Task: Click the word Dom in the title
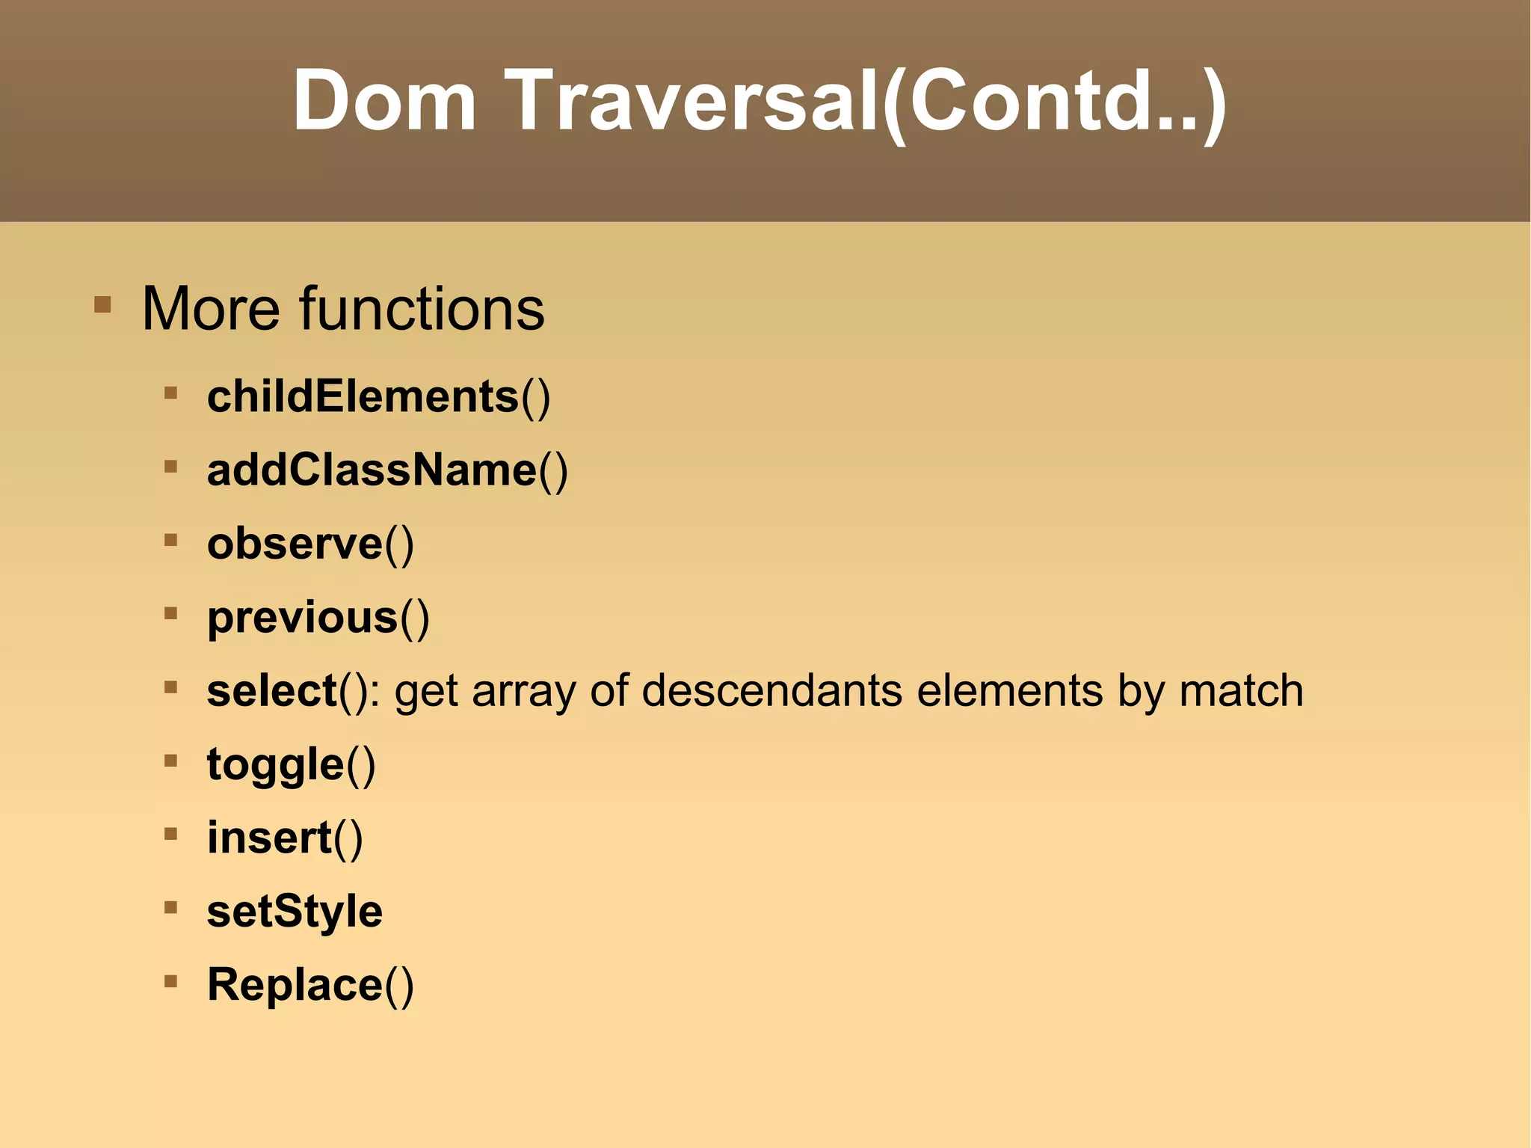383,101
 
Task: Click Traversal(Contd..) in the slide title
867,101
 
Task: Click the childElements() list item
378,396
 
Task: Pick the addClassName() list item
387,470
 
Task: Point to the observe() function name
310,543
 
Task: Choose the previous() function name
318,617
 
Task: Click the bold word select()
288,690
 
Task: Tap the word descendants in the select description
771,690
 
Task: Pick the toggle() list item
291,764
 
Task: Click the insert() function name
285,837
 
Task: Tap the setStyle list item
295,911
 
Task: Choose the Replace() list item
310,984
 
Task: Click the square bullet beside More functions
102,305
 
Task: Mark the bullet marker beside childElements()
170,392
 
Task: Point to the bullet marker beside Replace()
170,980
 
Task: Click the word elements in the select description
1009,690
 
